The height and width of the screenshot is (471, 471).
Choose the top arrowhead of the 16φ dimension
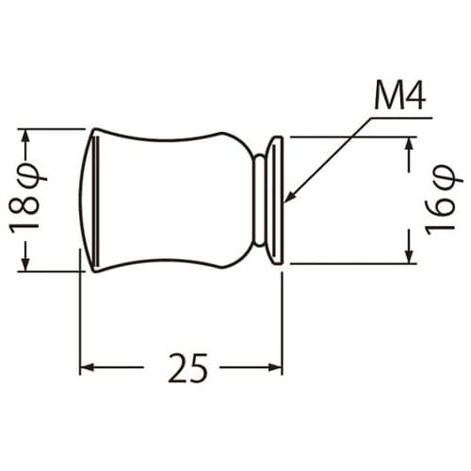(409, 143)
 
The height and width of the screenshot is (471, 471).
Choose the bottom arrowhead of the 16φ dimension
(409, 257)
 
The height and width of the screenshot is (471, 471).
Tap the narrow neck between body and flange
(259, 200)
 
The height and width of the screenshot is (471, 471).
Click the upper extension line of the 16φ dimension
(349, 138)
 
